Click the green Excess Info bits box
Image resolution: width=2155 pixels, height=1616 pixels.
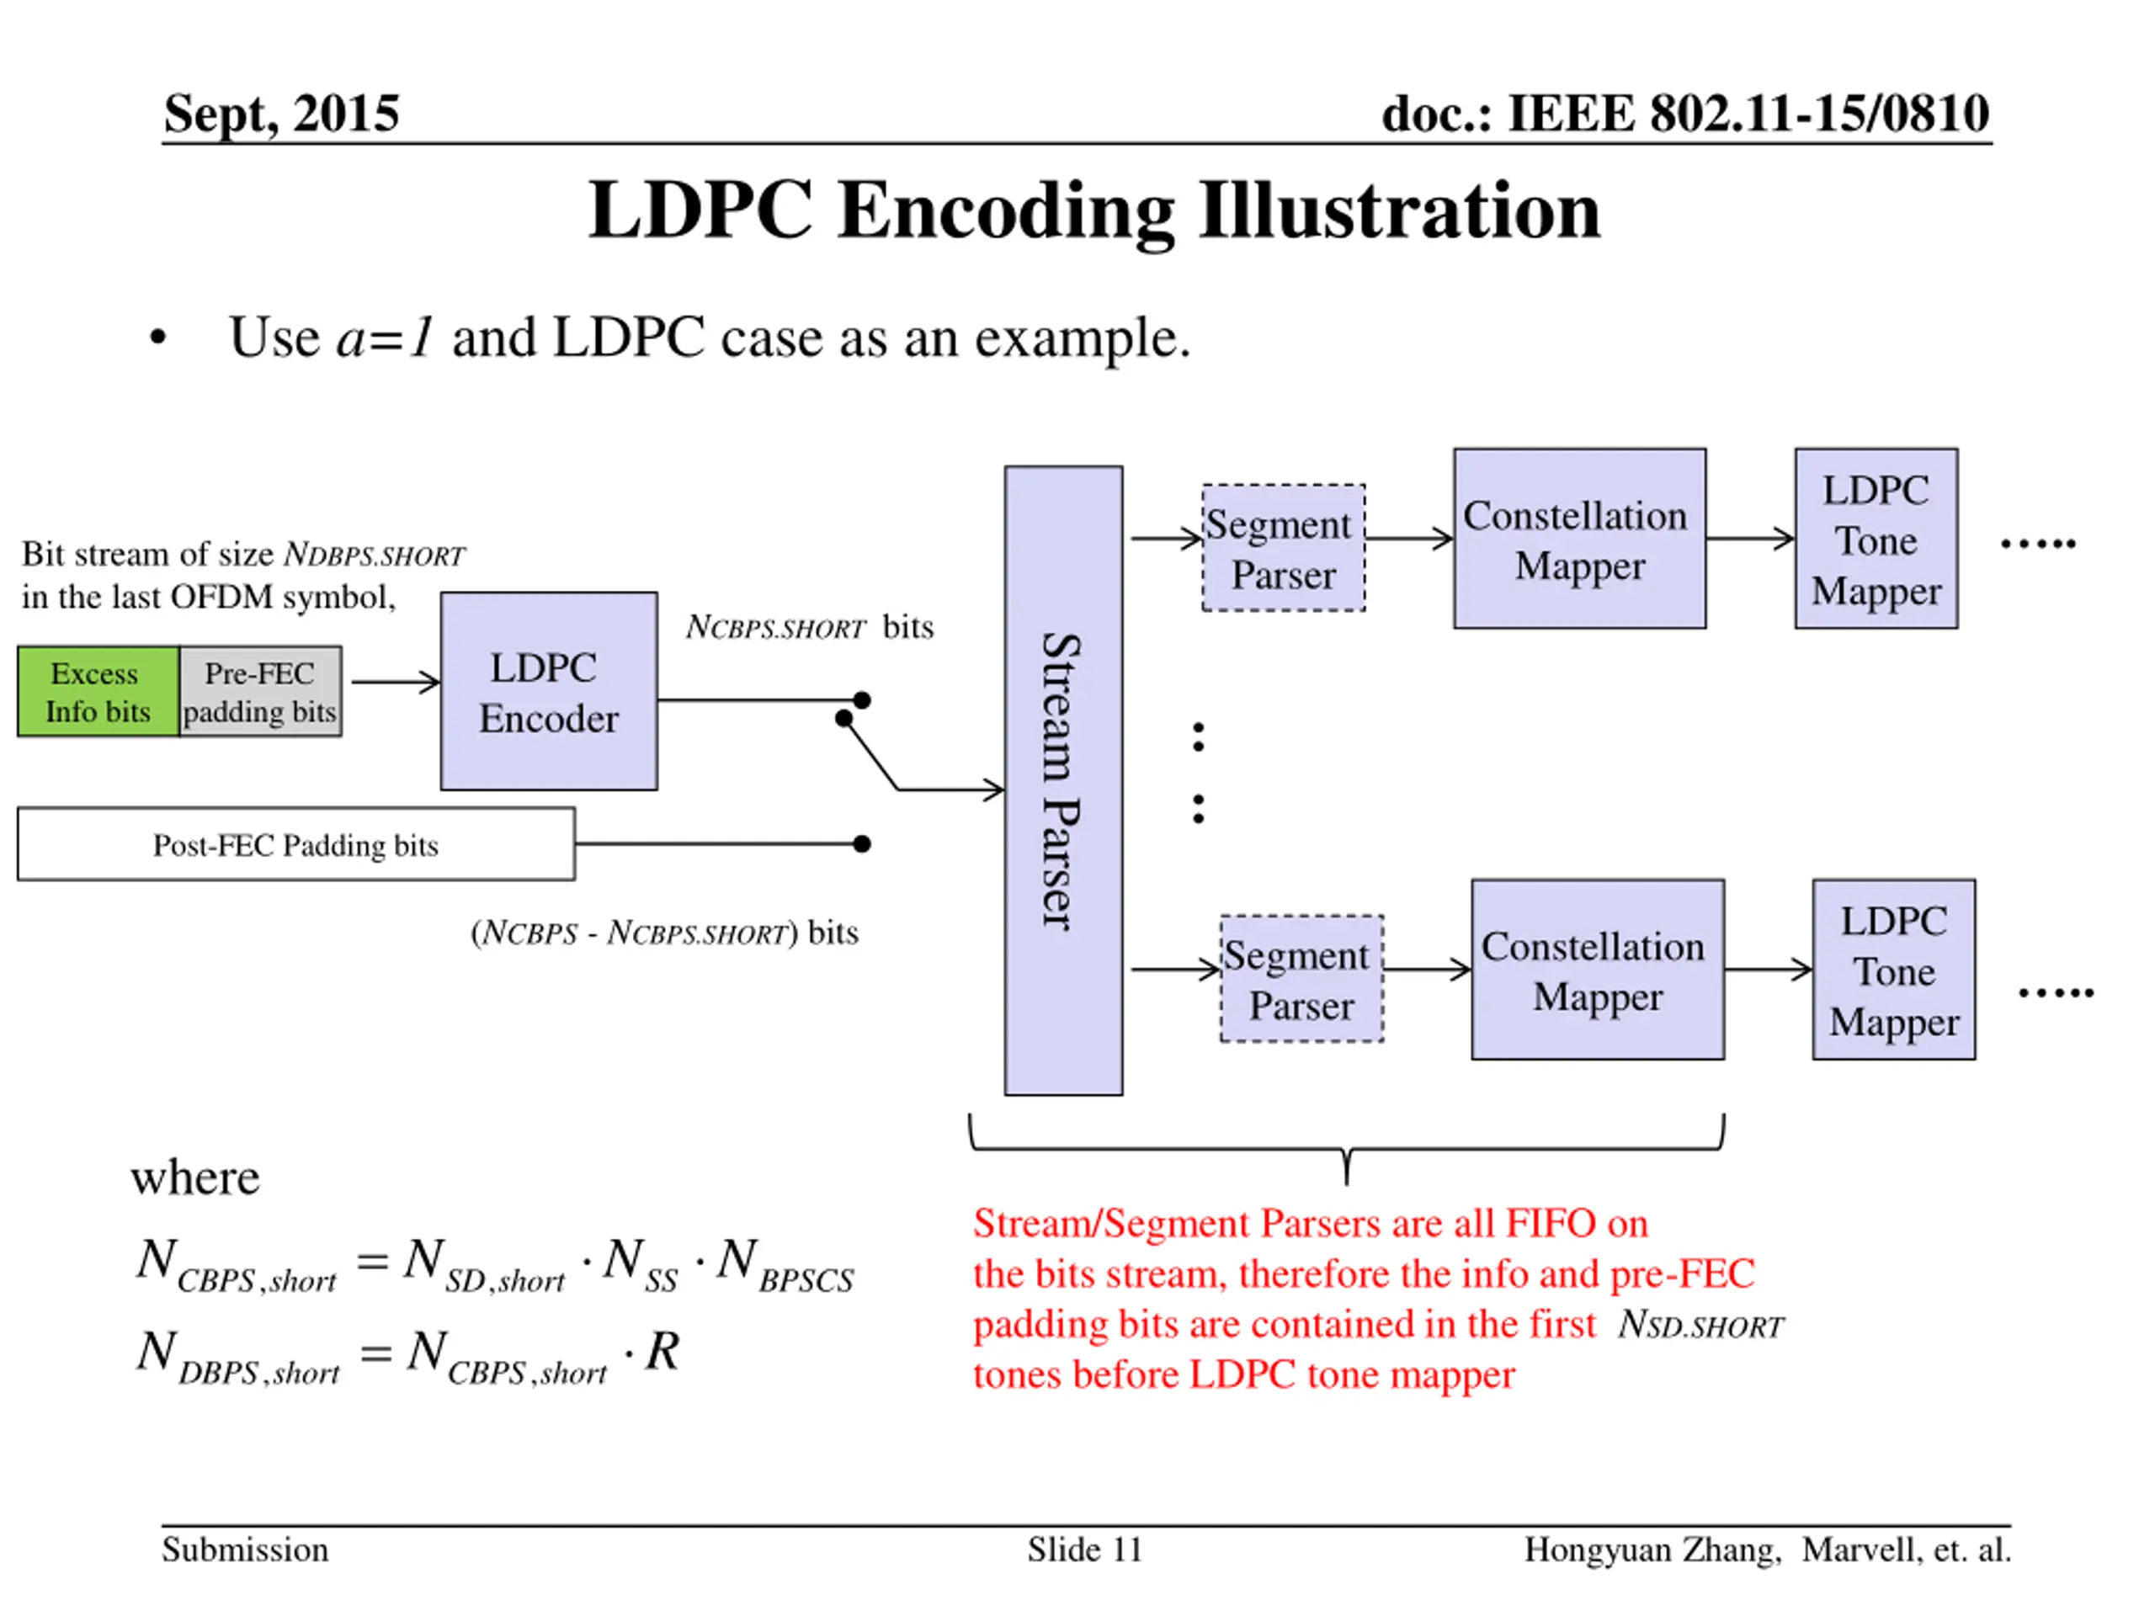pyautogui.click(x=98, y=691)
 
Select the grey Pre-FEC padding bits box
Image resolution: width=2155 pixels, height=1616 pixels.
pyautogui.click(x=260, y=691)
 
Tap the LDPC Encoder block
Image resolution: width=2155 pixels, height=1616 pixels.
pyautogui.click(x=549, y=691)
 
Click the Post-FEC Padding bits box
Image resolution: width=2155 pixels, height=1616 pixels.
pyautogui.click(x=295, y=843)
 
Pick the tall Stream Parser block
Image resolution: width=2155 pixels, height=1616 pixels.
pyautogui.click(x=1063, y=780)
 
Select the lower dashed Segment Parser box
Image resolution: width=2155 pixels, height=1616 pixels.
pyautogui.click(x=1301, y=978)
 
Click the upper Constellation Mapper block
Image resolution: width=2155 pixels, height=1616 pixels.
pyautogui.click(x=1579, y=539)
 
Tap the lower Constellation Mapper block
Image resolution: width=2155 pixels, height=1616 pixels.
pyautogui.click(x=1597, y=970)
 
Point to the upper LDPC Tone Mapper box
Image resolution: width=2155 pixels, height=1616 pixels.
pyautogui.click(x=1876, y=539)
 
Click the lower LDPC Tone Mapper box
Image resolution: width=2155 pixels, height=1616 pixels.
pyautogui.click(x=1893, y=970)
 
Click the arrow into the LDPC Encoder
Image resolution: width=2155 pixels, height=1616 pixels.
pyautogui.click(x=396, y=682)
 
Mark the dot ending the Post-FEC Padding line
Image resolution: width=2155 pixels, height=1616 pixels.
pyautogui.click(x=861, y=843)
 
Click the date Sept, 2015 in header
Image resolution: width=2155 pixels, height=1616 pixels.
pyautogui.click(x=280, y=113)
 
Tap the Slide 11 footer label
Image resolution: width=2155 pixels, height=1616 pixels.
pyautogui.click(x=1083, y=1549)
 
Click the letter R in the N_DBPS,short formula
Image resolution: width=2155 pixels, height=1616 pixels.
pyautogui.click(x=662, y=1351)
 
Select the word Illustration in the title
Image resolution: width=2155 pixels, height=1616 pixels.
pyautogui.click(x=1399, y=210)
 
